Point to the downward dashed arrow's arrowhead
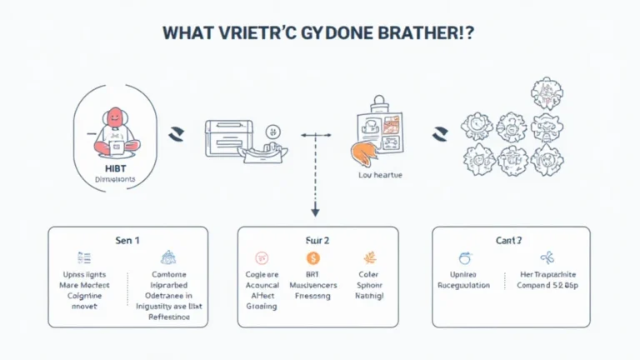click(316, 214)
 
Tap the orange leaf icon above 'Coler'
click(369, 258)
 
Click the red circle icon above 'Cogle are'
click(261, 258)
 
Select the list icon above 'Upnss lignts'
click(83, 258)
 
